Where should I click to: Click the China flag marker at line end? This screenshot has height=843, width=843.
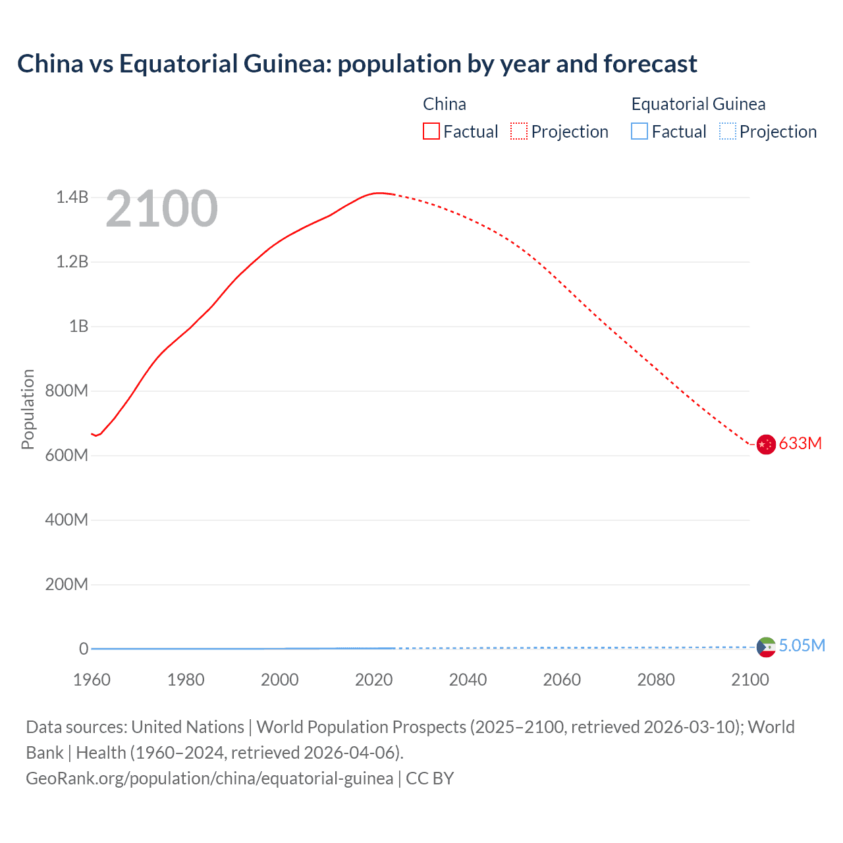(765, 445)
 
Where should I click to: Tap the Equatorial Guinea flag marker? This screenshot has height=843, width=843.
(765, 647)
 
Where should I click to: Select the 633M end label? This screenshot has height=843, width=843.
(800, 443)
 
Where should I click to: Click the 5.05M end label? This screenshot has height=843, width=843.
(802, 645)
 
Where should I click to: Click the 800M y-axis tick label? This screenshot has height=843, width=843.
(67, 391)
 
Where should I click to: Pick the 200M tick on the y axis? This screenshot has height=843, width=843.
(67, 584)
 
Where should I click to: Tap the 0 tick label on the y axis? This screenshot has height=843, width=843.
(84, 649)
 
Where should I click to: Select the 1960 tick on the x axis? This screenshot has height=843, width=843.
(92, 680)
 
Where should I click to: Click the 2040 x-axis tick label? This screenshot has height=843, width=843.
(468, 680)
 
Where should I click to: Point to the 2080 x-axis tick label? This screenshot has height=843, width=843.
(656, 680)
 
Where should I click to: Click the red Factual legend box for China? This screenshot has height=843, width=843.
(431, 131)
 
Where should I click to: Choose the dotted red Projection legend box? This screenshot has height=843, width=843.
(519, 131)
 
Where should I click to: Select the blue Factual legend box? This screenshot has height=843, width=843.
(639, 131)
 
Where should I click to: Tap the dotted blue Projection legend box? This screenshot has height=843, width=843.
(727, 131)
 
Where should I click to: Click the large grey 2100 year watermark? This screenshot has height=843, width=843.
(161, 209)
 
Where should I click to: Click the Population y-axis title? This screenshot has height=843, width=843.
(28, 409)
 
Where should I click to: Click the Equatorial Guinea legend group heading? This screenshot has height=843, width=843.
(698, 104)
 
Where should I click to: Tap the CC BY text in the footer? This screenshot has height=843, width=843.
(429, 778)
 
